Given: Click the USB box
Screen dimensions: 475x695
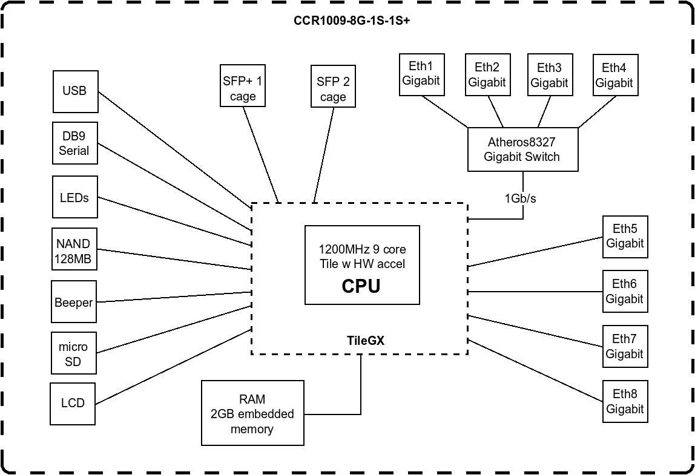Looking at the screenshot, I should pos(75,91).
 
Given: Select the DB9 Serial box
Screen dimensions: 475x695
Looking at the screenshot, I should pos(74,143).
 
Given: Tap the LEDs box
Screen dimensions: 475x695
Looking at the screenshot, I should pos(74,197).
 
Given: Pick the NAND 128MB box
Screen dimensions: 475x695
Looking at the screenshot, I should pos(73,251).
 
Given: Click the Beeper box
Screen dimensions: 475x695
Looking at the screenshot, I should pos(73,302).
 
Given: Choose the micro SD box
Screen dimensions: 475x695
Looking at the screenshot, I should pos(73,355).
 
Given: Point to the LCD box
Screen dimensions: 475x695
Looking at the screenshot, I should pos(73,403).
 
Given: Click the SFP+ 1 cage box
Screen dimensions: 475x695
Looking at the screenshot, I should pos(243,88).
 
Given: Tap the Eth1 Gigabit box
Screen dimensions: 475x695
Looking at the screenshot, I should pos(421,74).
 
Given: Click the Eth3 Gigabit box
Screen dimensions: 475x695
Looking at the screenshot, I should pos(549,75).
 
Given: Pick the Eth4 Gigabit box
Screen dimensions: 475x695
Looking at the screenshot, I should pos(614,75).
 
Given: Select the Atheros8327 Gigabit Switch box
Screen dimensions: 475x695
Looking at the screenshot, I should pos(522,149).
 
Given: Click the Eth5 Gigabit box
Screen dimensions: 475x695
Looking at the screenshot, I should pos(625,237).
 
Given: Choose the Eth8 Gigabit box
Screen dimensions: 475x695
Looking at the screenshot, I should pos(625,401).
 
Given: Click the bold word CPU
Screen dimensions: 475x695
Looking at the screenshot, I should pos(361,286).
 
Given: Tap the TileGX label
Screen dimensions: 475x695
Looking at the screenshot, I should pos(366,341).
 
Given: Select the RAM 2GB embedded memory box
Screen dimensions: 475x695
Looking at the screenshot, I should pos(252,414).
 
